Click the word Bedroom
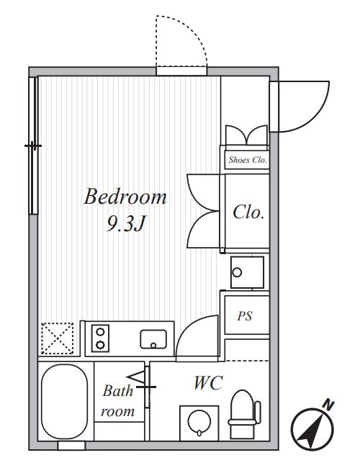click(125, 197)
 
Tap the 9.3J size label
click(126, 223)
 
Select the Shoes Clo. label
click(248, 160)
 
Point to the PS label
click(245, 316)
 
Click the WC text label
click(208, 383)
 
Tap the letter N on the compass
click(328, 405)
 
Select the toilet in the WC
click(244, 415)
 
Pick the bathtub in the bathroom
click(65, 402)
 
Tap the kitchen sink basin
click(153, 339)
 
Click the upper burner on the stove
click(100, 332)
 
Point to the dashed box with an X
click(57, 338)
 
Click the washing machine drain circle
click(238, 272)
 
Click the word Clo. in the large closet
click(248, 212)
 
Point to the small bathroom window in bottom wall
click(71, 446)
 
